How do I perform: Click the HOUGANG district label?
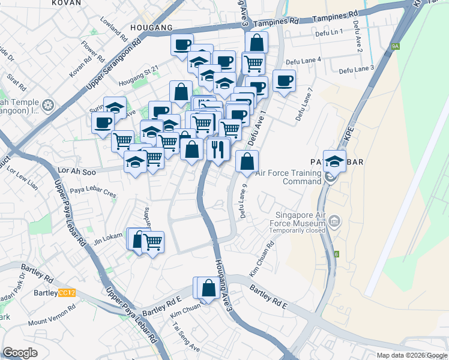pos(151,28)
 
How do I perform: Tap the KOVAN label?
pos(67,3)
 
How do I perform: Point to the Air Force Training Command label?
pos(289,177)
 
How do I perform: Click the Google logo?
pos(20,353)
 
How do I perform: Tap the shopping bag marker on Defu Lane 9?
pos(247,160)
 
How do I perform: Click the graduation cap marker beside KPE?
pos(334,160)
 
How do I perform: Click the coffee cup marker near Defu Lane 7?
pos(284,80)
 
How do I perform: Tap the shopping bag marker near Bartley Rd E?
pos(208,288)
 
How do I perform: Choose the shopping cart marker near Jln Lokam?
pos(152,242)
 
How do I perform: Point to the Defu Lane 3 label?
pos(357,70)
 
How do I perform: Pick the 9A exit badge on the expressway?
pos(394,46)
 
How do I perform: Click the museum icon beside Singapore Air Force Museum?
pos(334,223)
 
